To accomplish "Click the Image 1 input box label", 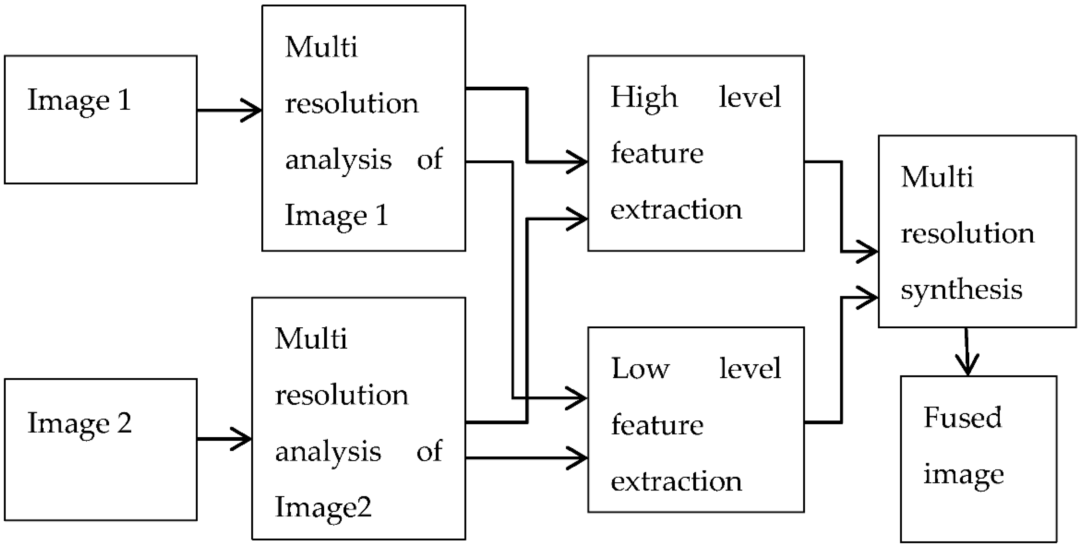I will (x=79, y=101).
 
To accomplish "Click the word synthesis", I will (x=962, y=290).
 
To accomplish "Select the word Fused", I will (x=962, y=418).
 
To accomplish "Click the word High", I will (x=644, y=97).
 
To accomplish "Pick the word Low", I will (x=640, y=369).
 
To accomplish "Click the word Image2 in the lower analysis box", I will (x=323, y=507).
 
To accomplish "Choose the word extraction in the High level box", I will (x=676, y=210).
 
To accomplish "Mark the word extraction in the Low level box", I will (x=676, y=481).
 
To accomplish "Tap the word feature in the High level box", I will (x=657, y=153).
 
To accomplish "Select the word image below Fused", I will (x=964, y=475).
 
